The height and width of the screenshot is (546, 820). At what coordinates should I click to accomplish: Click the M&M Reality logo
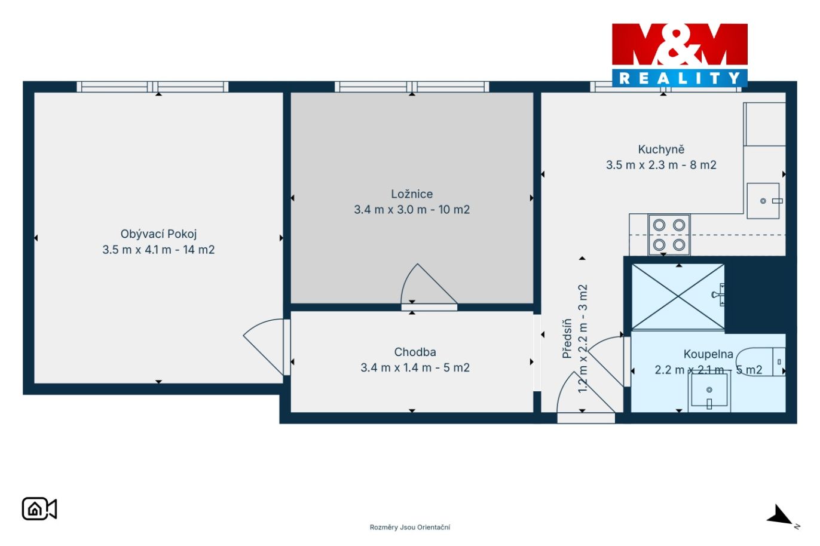point(680,56)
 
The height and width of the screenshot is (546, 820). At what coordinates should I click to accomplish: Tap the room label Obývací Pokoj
point(158,234)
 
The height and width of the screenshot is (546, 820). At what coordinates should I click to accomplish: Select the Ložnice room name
point(412,194)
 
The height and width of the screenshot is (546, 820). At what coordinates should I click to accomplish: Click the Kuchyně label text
point(661,149)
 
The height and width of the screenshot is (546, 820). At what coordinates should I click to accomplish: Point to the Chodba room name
point(415,352)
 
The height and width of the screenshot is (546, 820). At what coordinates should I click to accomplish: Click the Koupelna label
point(708,354)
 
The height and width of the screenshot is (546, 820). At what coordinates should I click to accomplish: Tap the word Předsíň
point(567,339)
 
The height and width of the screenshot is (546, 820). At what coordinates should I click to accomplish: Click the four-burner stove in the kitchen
point(669,235)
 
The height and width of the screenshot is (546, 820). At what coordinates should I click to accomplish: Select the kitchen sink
point(764,201)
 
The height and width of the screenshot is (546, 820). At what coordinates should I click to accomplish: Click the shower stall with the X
point(678,296)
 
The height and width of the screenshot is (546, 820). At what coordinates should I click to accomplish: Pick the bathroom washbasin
point(709,392)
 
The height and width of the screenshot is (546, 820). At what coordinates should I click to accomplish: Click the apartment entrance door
point(586,398)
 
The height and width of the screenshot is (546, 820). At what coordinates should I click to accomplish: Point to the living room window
point(152,87)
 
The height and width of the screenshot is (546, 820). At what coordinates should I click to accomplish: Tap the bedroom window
point(412,87)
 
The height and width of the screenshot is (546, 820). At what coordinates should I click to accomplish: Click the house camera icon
point(39,509)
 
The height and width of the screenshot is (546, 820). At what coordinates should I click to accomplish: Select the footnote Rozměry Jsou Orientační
point(410,527)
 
